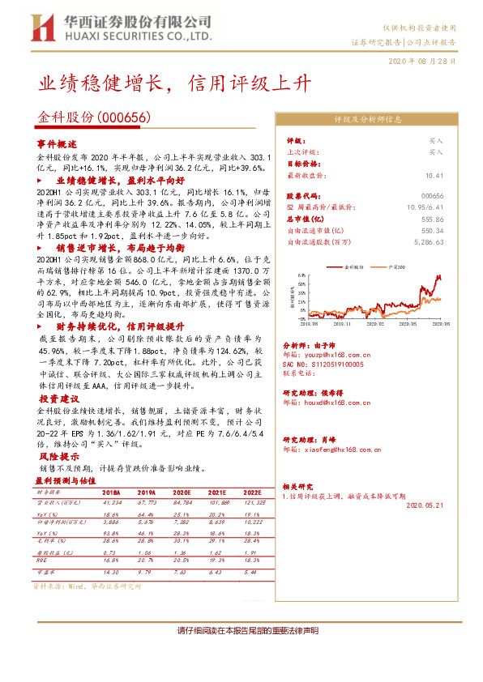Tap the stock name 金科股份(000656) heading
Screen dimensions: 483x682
click(95, 117)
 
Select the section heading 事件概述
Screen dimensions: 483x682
click(55, 143)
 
